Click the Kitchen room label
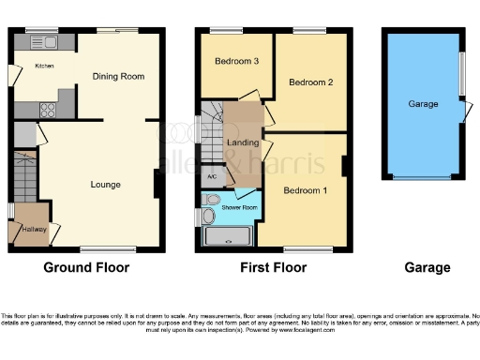click(44, 67)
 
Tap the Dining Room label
click(118, 77)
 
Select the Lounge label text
click(105, 185)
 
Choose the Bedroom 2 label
click(310, 82)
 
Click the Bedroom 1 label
click(306, 191)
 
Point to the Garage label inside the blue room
click(423, 104)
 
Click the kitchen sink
click(44, 42)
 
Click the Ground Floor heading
click(86, 268)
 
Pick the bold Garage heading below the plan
click(427, 268)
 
